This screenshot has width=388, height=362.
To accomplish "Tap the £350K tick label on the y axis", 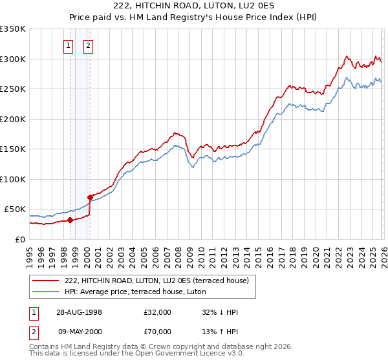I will [x=13, y=29].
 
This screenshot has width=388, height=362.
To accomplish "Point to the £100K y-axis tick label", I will [x=13, y=179].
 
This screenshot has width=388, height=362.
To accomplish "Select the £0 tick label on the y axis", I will [x=20, y=239].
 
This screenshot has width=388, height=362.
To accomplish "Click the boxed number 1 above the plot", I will [x=69, y=46].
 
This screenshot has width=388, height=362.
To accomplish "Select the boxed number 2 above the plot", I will [x=88, y=46].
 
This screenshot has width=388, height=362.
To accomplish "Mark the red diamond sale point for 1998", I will [x=70, y=220].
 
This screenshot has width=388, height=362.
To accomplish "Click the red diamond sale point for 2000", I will [x=90, y=197].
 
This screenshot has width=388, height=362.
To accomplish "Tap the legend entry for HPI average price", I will [x=135, y=292].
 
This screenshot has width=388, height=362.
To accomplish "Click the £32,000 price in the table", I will [x=158, y=312].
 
